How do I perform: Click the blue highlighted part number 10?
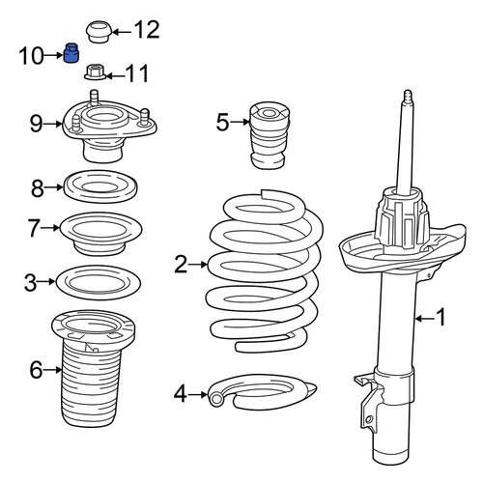71,53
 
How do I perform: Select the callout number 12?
147,30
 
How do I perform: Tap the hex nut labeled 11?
95,71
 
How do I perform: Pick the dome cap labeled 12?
99,32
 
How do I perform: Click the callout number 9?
37,124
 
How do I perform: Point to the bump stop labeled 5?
270,135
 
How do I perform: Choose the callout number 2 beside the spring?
181,265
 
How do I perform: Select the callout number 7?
34,228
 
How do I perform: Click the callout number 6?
36,370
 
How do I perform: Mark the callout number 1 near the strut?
440,317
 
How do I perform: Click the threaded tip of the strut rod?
408,96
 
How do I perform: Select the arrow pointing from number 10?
53,55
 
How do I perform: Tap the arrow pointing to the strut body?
424,319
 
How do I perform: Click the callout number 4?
181,394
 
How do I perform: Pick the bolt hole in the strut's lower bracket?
369,419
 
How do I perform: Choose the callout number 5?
222,122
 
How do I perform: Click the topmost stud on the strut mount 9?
94,98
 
